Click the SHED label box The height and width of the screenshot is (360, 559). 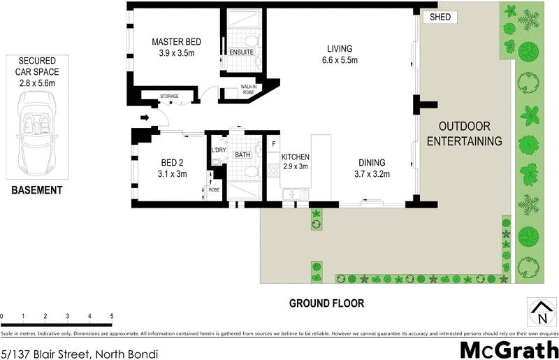point(440,17)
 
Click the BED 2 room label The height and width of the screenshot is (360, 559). point(171,168)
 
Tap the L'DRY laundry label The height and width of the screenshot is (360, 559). point(219,150)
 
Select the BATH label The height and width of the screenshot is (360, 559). point(242,154)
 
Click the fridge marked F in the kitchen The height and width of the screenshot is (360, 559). point(273,144)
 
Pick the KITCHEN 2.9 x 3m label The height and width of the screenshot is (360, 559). point(295,162)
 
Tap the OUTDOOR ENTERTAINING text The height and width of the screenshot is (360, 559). point(470,134)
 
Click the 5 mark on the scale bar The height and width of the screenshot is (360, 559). point(112,317)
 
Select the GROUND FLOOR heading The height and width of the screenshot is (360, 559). point(327,303)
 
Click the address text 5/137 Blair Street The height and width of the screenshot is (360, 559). point(79,354)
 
